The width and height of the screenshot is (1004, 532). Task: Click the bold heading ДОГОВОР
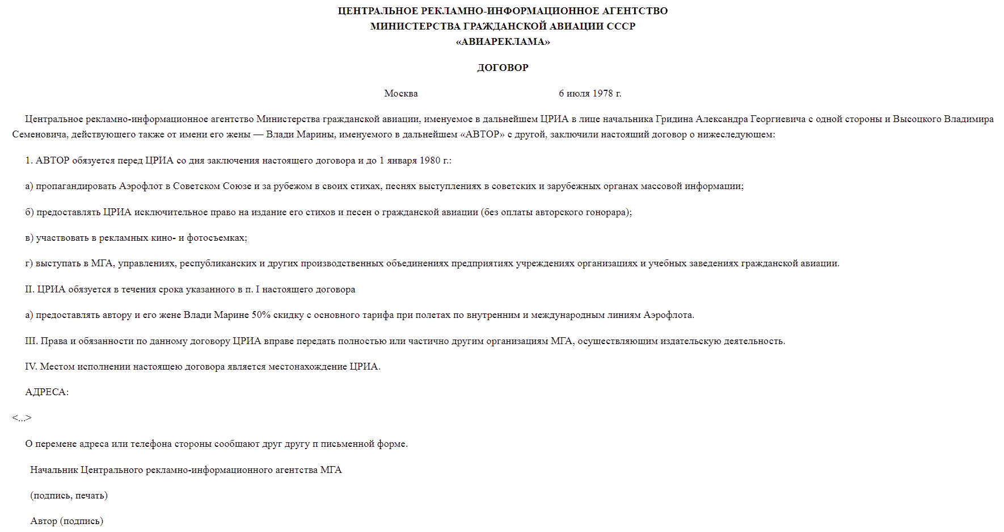[x=503, y=68]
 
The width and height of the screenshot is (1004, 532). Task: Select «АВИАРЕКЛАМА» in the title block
[x=503, y=41]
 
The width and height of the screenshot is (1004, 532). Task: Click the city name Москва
[x=401, y=94]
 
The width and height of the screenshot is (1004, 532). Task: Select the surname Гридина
[x=674, y=119]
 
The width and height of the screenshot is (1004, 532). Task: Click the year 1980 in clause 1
[x=430, y=161]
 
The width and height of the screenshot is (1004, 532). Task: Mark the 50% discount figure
[x=261, y=315]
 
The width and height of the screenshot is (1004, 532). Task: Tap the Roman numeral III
[x=31, y=341]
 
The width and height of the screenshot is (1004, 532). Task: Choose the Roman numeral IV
[x=31, y=367]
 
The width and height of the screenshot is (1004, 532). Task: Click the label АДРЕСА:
[x=47, y=392]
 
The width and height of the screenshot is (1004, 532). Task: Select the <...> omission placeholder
[x=22, y=418]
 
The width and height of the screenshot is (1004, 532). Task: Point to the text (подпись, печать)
[x=69, y=496]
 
